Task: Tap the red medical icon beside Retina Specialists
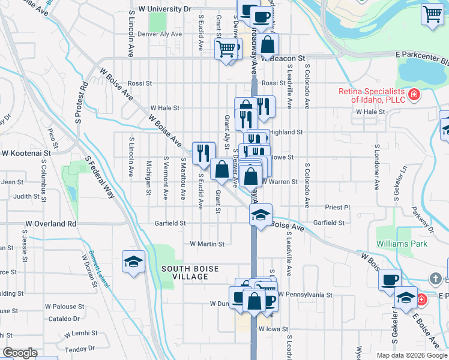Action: [x=413, y=95]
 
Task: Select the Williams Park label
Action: [x=402, y=244]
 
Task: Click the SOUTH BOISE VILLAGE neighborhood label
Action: [x=184, y=272]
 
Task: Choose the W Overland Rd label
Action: [x=51, y=224]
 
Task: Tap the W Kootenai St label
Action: [x=26, y=154]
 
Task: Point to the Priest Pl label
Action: [x=337, y=207]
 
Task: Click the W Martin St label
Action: [x=206, y=244]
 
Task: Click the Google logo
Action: [x=19, y=353]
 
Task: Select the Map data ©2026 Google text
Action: [x=411, y=355]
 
